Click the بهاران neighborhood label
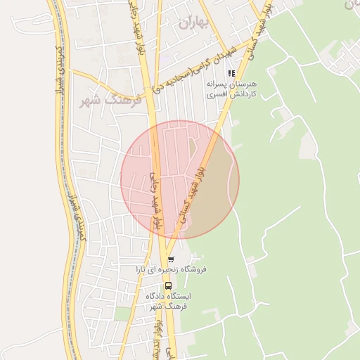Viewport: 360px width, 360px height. pyautogui.click(x=195, y=23)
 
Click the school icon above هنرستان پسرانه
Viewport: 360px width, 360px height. pyautogui.click(x=231, y=73)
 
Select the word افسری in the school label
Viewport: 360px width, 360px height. pyautogui.click(x=245, y=94)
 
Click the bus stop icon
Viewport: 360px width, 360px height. pyautogui.click(x=168, y=286)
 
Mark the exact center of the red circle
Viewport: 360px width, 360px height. pyautogui.click(x=180, y=179)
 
